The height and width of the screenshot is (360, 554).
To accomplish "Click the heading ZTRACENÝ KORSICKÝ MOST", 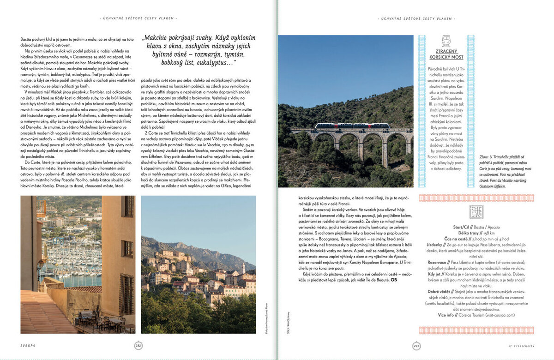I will coord(446,54).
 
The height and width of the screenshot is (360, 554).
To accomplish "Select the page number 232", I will coord(138,345).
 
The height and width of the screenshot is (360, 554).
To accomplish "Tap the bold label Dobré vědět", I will coord(438,291).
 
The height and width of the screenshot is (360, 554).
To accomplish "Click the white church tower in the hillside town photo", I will coord(243,269).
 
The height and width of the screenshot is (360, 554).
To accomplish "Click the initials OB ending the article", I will coord(394,280).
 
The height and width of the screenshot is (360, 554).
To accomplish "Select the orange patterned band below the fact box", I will coord(476,330).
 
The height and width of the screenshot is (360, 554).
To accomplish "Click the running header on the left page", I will coord(138,18).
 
